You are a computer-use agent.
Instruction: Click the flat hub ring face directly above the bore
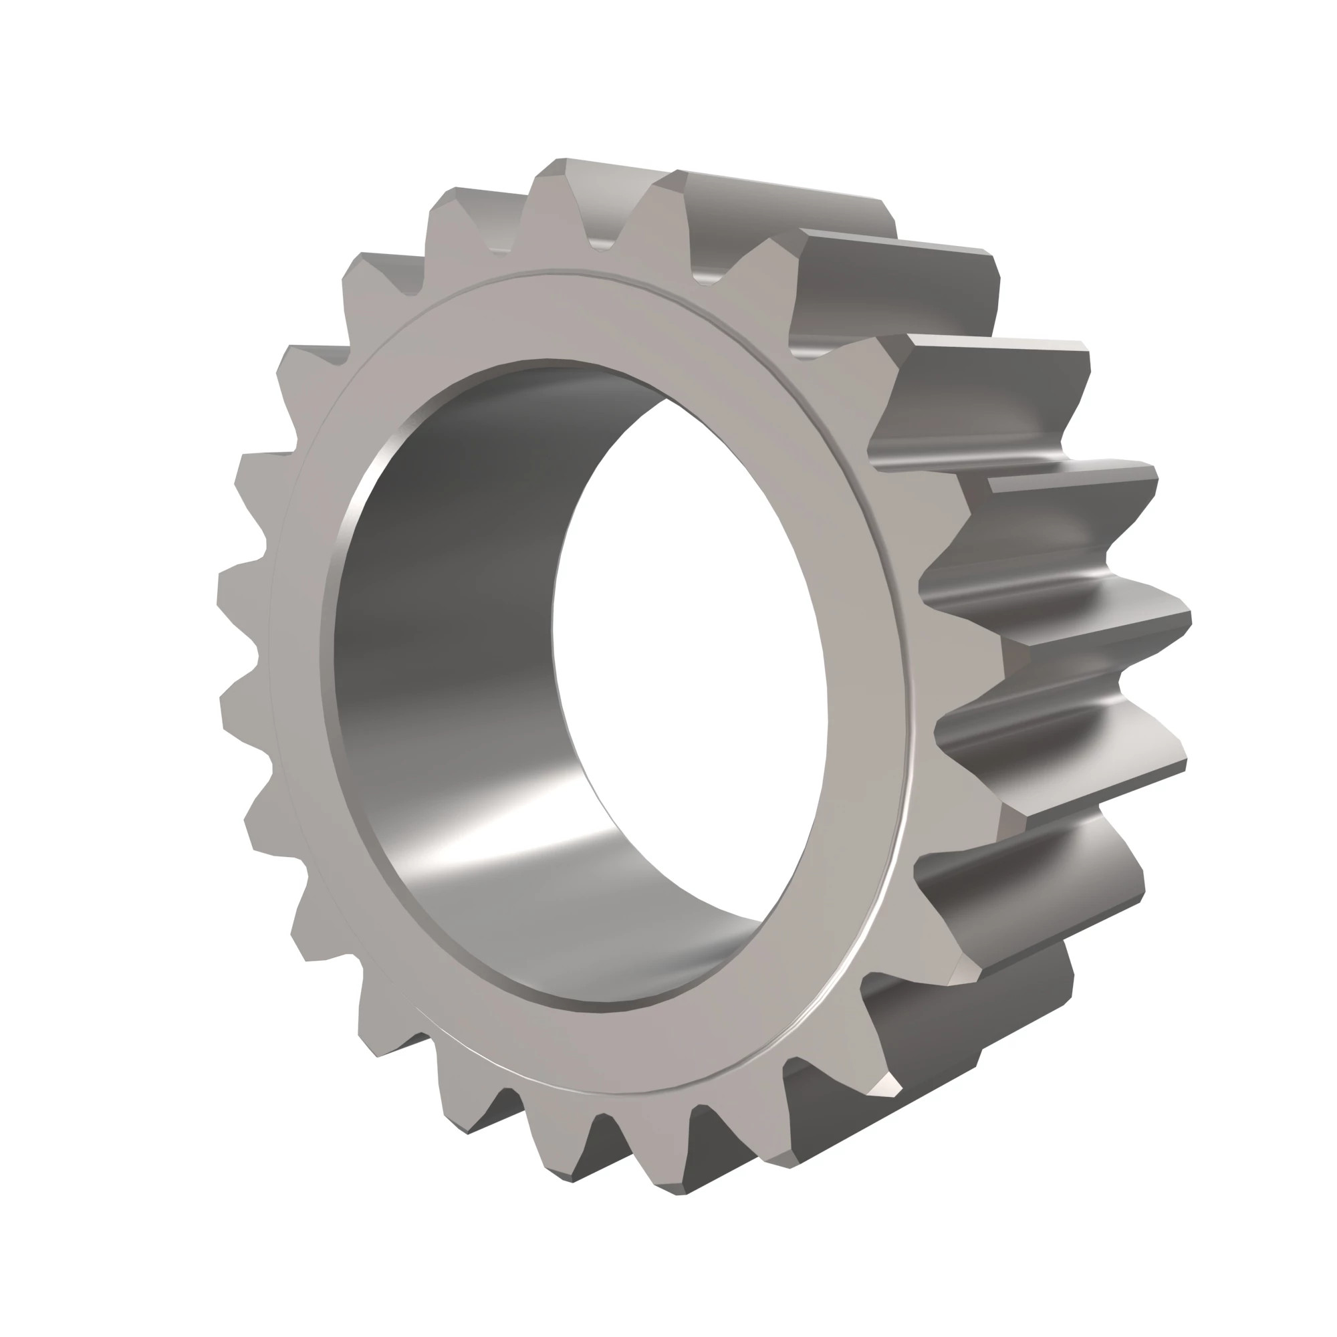pos(554,315)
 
